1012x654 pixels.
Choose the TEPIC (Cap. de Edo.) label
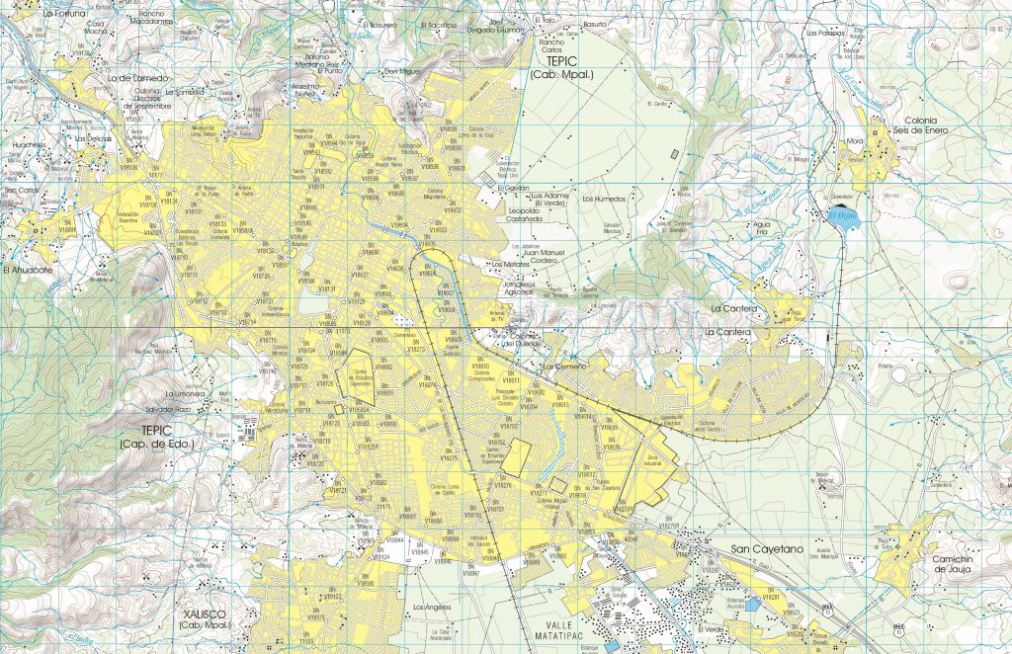point(157,438)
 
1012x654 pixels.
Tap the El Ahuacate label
point(27,269)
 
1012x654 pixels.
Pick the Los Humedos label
point(605,199)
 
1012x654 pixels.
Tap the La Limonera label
point(185,393)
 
